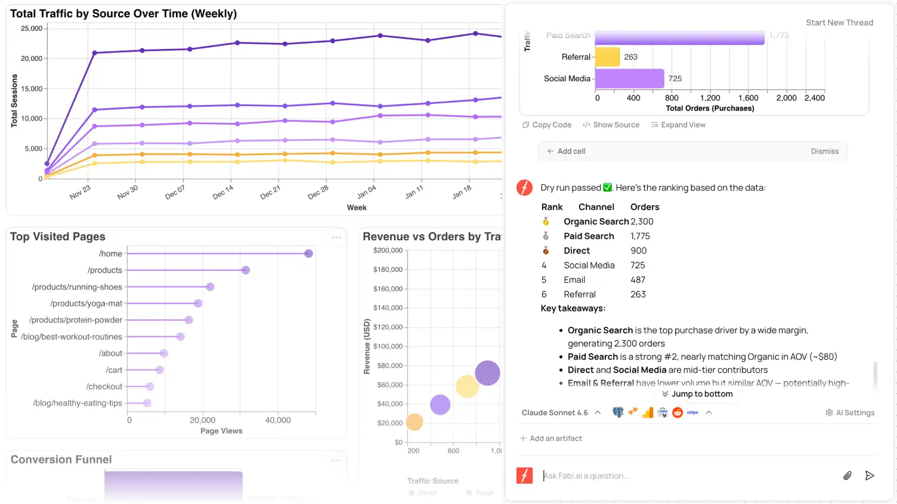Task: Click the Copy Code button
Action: [x=547, y=125]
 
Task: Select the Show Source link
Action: [x=611, y=125]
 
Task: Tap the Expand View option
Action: [x=679, y=125]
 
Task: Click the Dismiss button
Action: [x=824, y=151]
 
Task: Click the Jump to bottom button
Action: [x=697, y=394]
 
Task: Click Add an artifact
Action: [x=551, y=438]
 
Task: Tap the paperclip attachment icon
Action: [x=847, y=475]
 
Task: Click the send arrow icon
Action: [x=870, y=475]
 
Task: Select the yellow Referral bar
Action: [x=607, y=57]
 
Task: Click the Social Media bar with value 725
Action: [x=629, y=79]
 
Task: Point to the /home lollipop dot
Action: [x=308, y=253]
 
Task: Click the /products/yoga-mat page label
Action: [x=86, y=304]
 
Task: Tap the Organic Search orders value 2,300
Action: [x=642, y=222]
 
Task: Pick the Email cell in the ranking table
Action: [x=574, y=280]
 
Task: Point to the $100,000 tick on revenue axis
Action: [x=388, y=347]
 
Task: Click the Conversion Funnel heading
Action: [x=61, y=459]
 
